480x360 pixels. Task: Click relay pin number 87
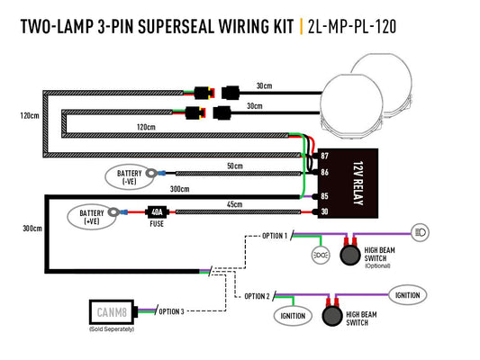pyautogui.click(x=324, y=157)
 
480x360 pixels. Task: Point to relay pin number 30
pyautogui.click(x=324, y=211)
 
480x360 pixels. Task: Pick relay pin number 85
pyautogui.click(x=324, y=195)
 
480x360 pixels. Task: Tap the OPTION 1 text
pyautogui.click(x=274, y=236)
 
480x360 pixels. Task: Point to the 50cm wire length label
pyautogui.click(x=234, y=166)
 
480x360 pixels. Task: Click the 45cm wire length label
pyautogui.click(x=234, y=204)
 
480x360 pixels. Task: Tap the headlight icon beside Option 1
pyautogui.click(x=421, y=231)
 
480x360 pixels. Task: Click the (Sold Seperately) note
pyautogui.click(x=113, y=330)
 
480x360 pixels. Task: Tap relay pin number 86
pyautogui.click(x=324, y=170)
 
